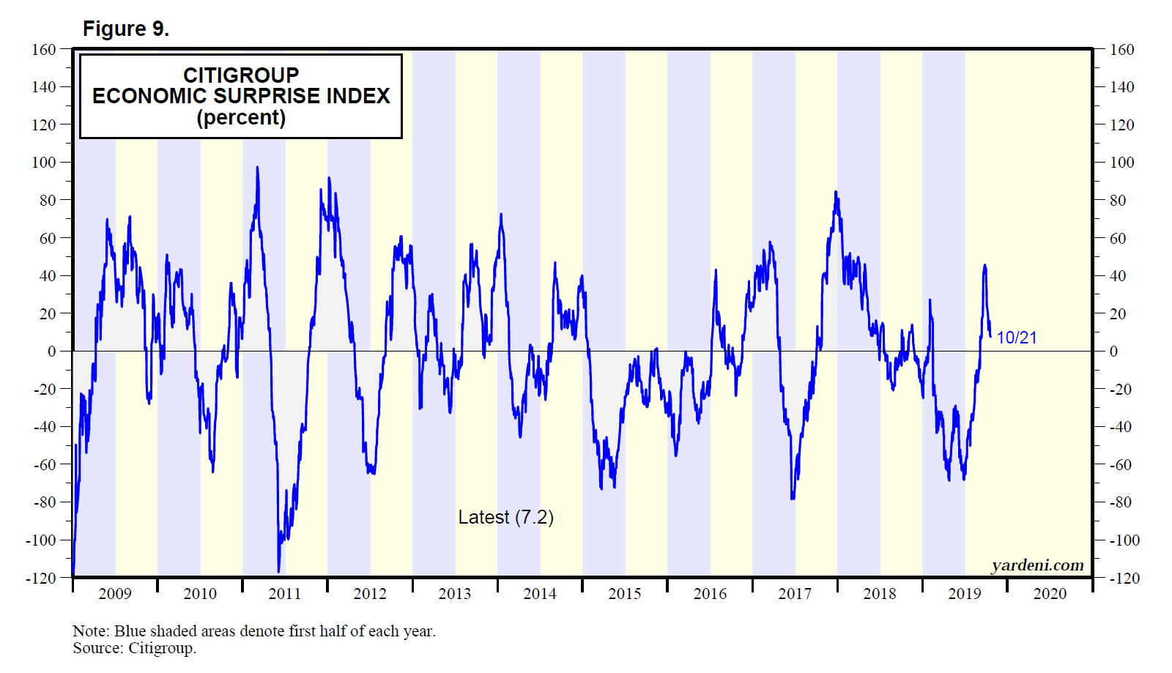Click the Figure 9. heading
tap(125, 29)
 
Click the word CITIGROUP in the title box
tap(241, 75)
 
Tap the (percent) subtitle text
tap(241, 117)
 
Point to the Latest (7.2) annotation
tap(505, 517)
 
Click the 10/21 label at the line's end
tap(1017, 338)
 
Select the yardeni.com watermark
tap(1037, 565)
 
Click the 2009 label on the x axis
tap(115, 594)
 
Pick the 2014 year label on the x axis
tap(540, 594)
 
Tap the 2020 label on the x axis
tap(1050, 594)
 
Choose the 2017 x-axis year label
tap(795, 594)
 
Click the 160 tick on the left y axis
tap(44, 50)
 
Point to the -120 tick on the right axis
tap(1124, 579)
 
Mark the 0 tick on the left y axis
tap(51, 352)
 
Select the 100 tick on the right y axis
tap(1121, 163)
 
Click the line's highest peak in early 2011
tap(257, 168)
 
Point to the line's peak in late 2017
tap(836, 193)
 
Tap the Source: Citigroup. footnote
tap(134, 648)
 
